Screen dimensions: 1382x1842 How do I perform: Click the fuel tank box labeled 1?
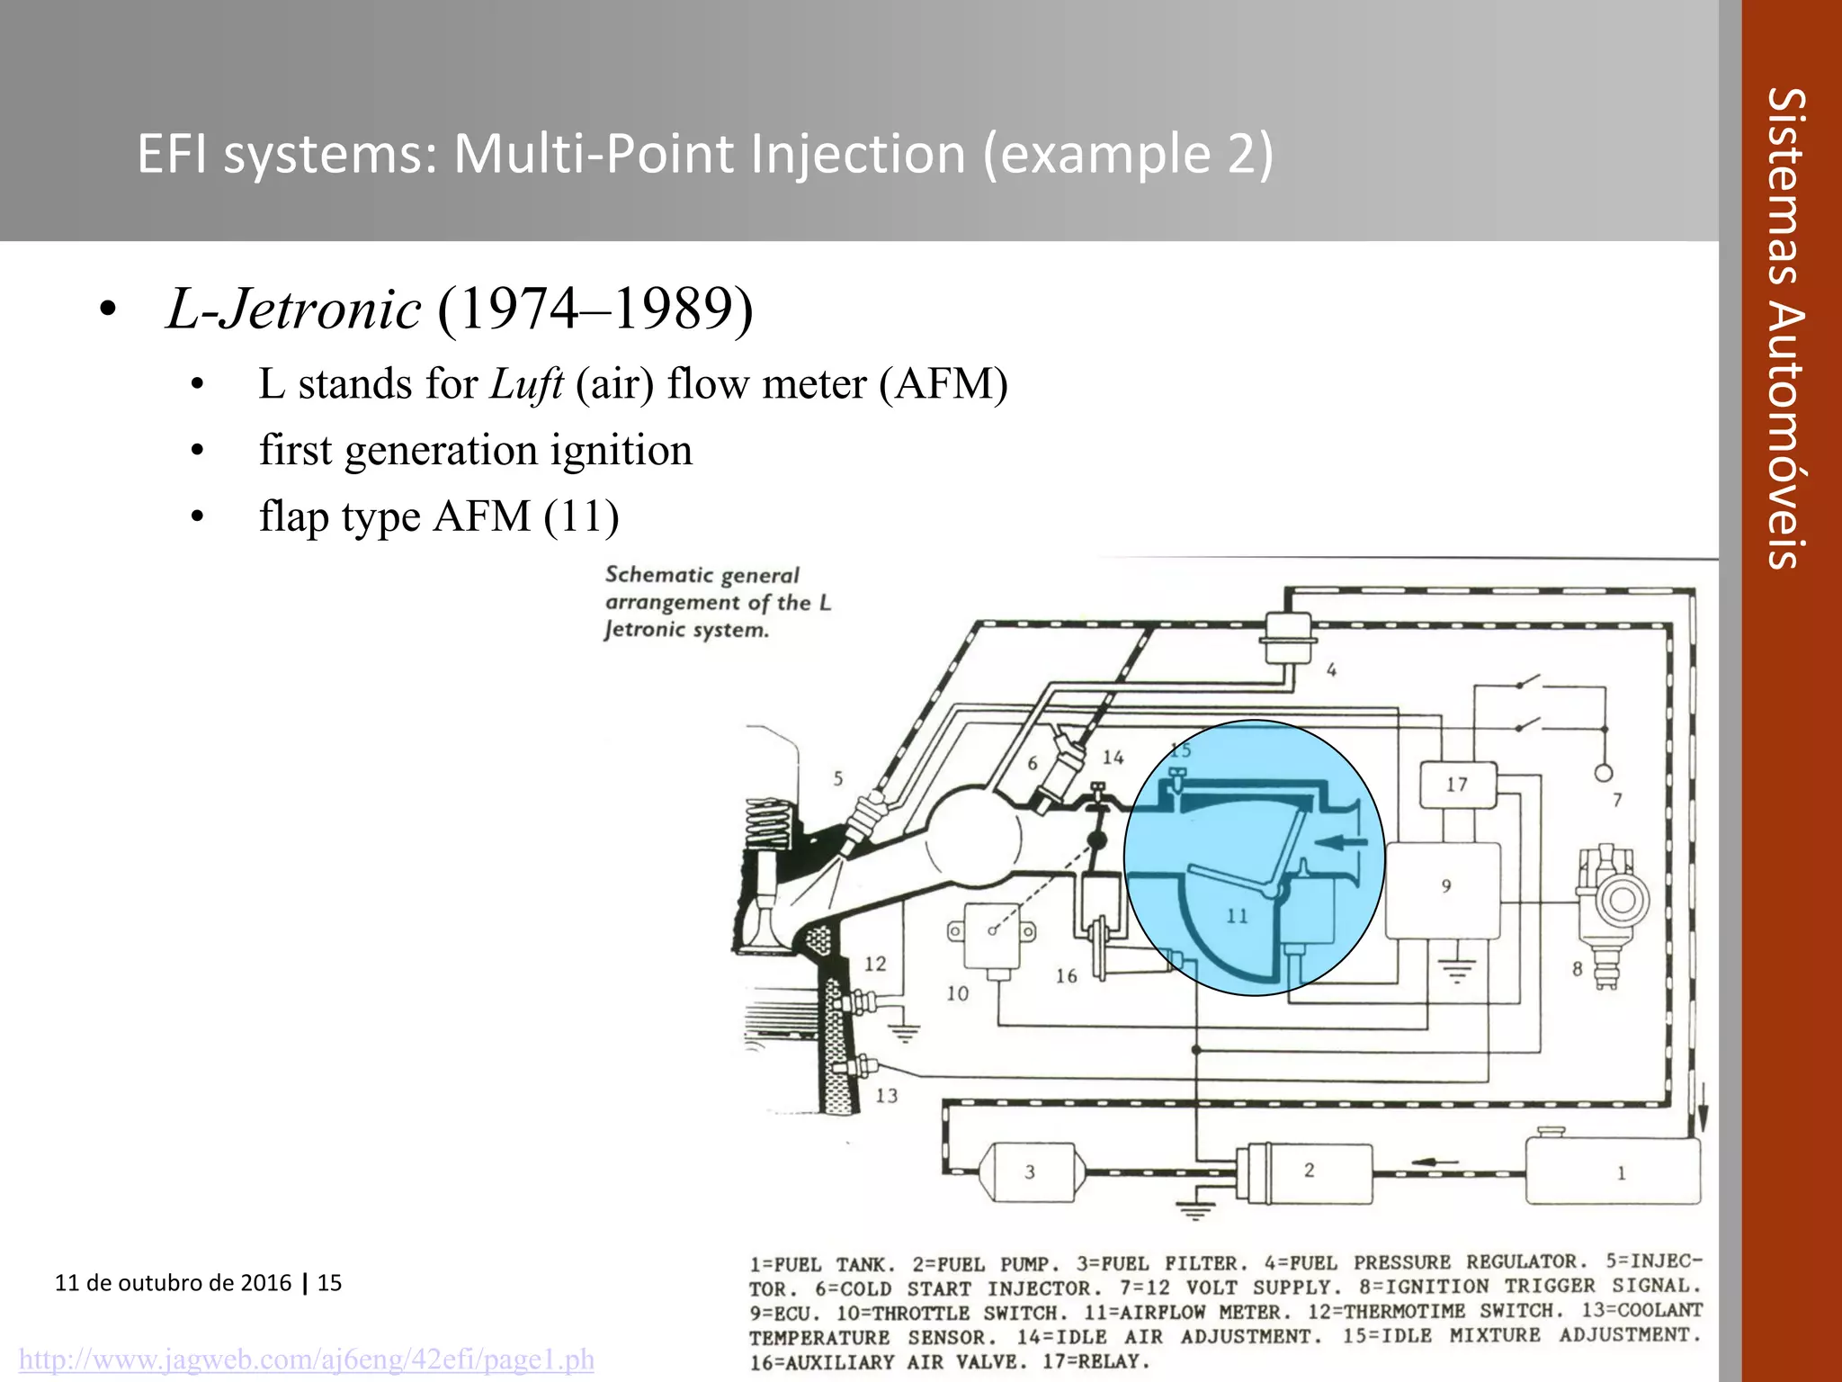pos(1613,1171)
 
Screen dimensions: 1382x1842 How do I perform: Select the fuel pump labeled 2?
pos(1304,1172)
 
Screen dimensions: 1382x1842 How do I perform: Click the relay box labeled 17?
pos(1457,785)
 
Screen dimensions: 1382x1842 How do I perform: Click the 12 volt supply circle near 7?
pos(1603,773)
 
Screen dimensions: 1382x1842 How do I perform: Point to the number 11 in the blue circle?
pos(1238,916)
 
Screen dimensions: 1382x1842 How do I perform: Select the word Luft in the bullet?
pos(527,384)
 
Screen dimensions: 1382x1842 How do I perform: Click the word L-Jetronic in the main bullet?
pos(293,310)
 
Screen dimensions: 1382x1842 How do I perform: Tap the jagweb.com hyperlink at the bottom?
pos(307,1360)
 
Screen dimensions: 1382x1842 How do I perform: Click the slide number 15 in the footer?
pos(330,1283)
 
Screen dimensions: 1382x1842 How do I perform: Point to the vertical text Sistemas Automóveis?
pos(1784,328)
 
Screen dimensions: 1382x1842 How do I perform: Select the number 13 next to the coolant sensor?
pos(887,1096)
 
